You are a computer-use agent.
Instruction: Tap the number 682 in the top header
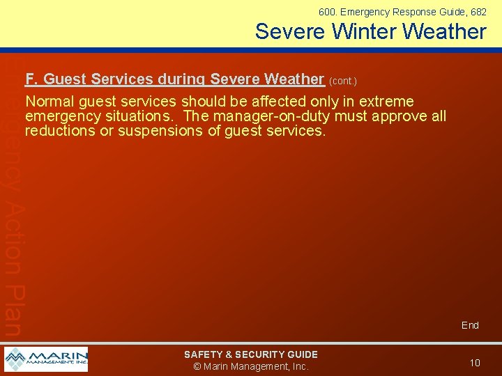coord(478,12)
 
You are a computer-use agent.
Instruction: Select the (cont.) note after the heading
coord(342,81)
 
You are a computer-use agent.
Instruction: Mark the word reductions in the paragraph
coord(60,131)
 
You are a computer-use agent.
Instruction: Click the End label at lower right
coord(470,325)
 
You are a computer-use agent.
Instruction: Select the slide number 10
coord(475,363)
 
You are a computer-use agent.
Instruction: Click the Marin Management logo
coord(46,359)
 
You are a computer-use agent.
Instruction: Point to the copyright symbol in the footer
coord(197,367)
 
